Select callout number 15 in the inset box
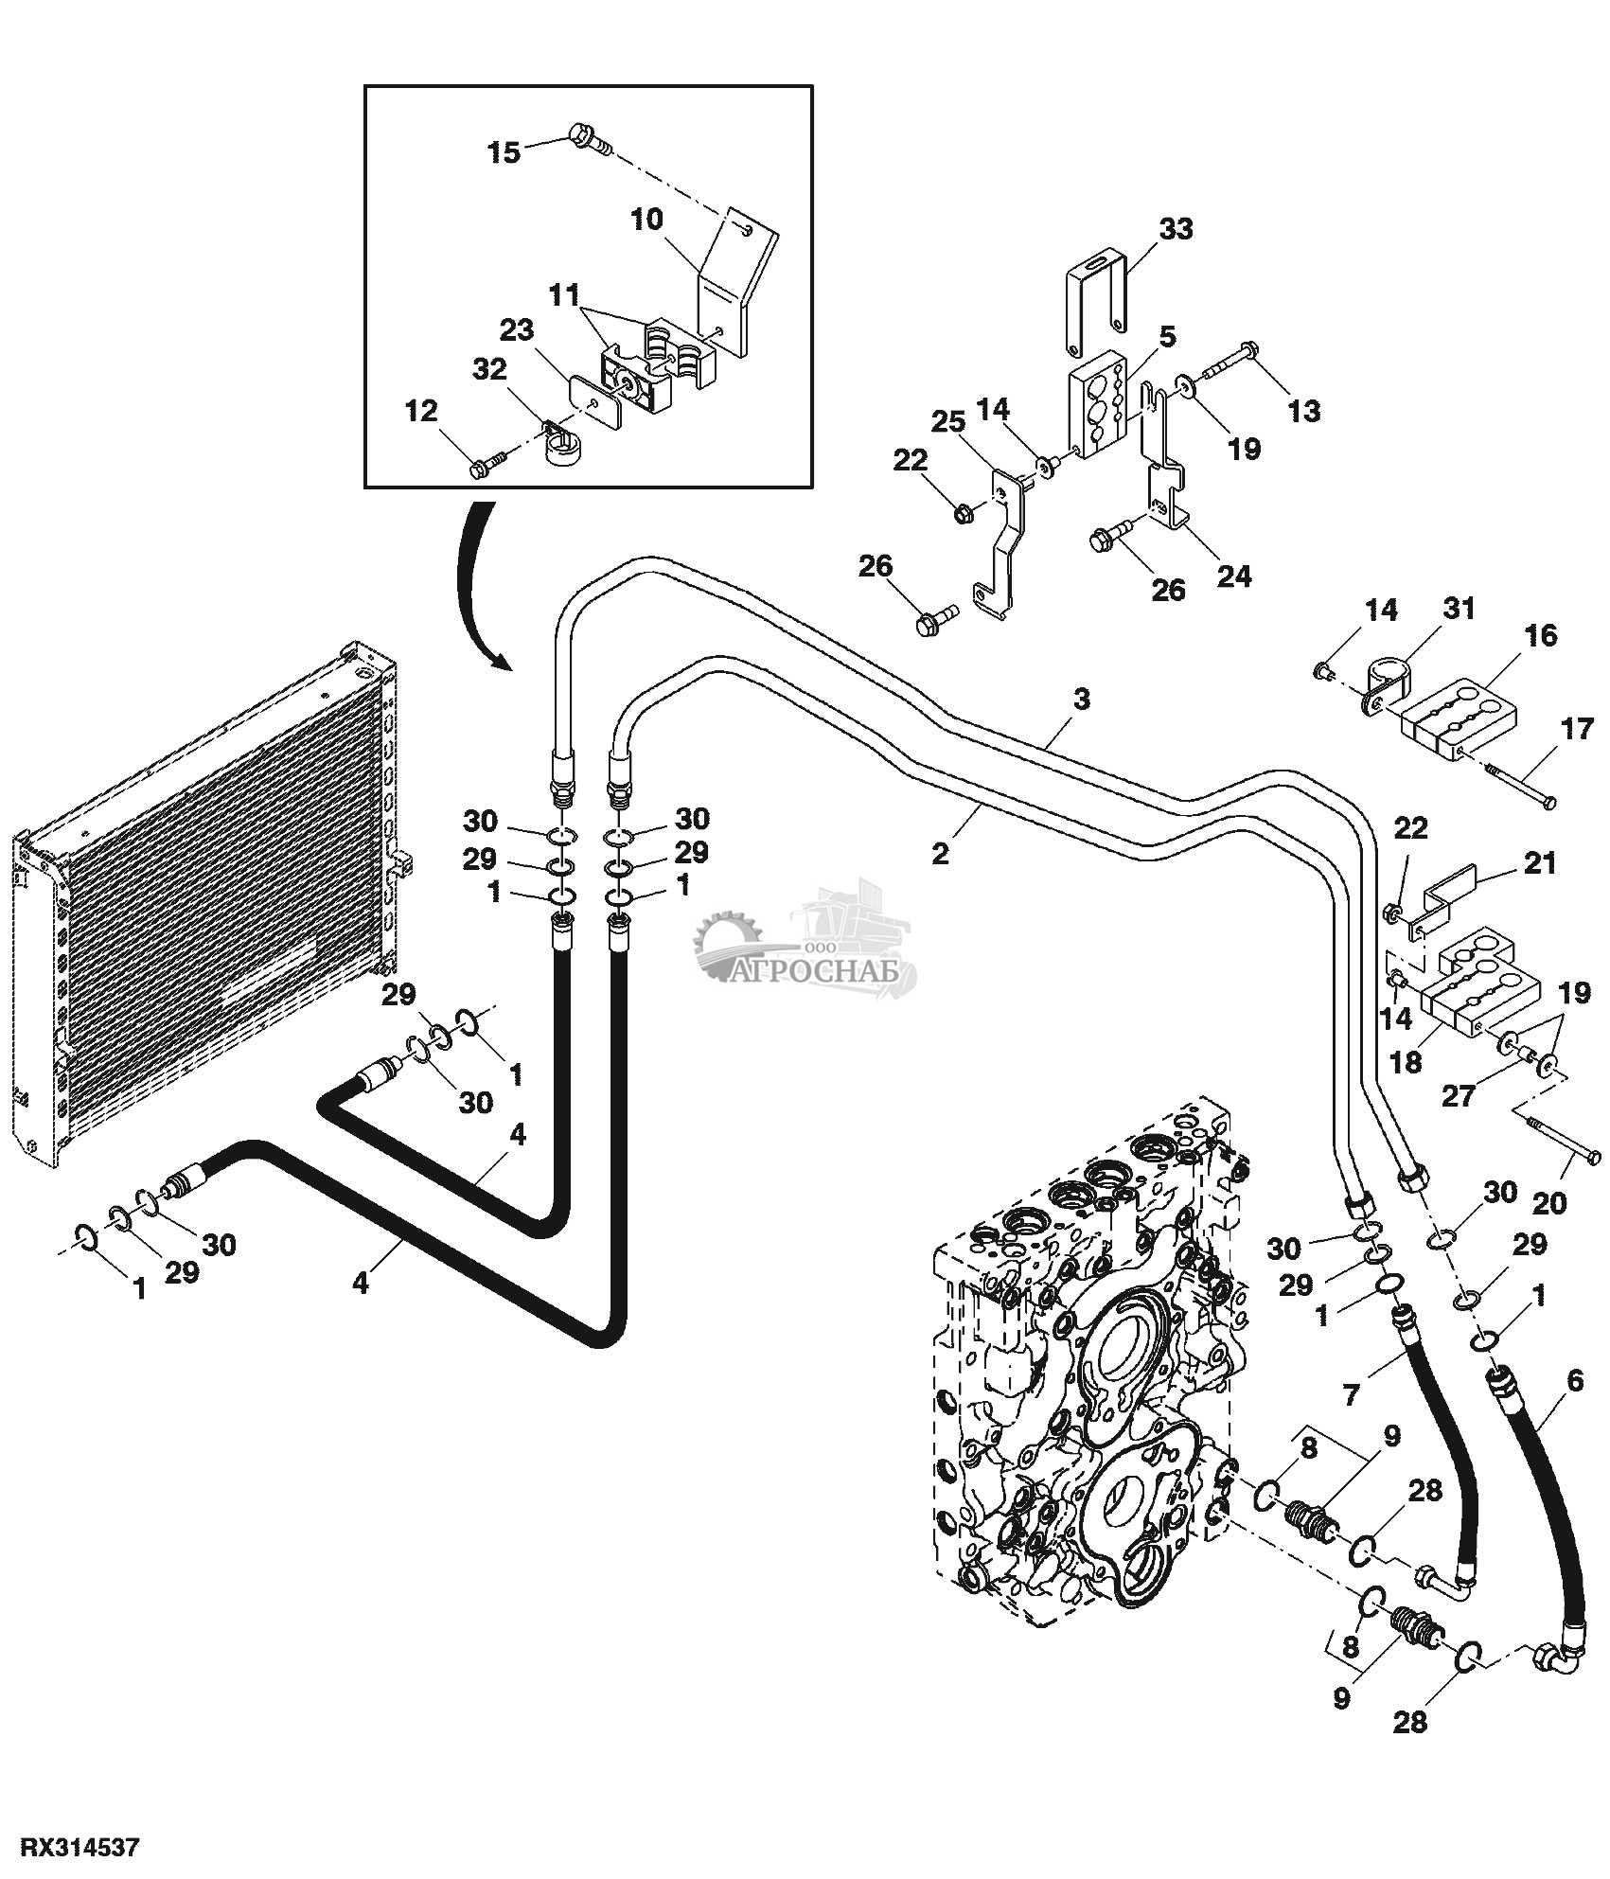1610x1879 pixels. pos(504,151)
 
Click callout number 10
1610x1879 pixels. pos(647,221)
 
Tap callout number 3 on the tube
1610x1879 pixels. pos(1082,700)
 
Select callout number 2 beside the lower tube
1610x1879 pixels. pos(939,853)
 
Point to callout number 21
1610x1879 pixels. pos(1538,863)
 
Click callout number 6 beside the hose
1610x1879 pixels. pos(1575,1381)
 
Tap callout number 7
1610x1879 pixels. pos(1351,1393)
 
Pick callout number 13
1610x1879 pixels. pos(1304,410)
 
